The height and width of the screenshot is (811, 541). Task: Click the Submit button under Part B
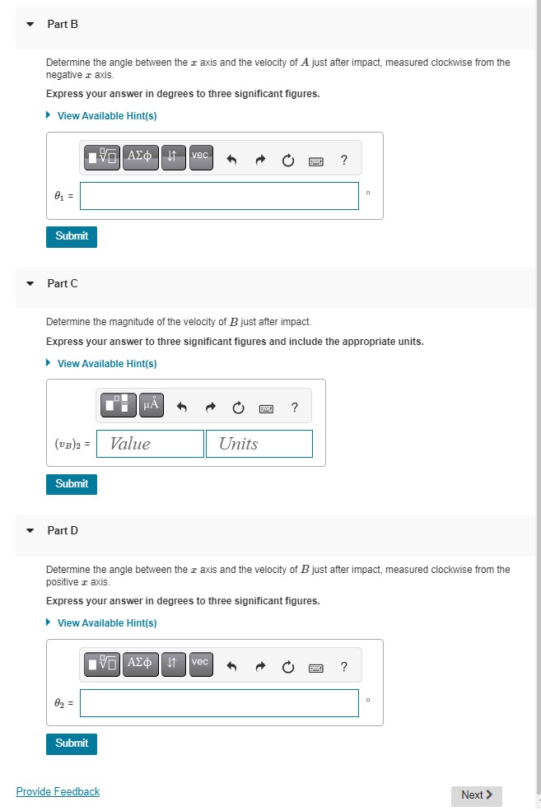72,236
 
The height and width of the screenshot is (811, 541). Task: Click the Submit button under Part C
72,484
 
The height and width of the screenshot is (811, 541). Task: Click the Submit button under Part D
72,743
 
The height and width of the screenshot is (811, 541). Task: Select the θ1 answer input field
219,196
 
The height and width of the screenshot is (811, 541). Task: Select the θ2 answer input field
219,703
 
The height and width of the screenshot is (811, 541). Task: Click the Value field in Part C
151,444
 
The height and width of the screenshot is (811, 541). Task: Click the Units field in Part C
259,444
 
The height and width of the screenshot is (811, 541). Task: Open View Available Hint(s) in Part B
106,116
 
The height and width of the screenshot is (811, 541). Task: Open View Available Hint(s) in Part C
106,364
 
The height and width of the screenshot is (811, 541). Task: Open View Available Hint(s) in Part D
106,623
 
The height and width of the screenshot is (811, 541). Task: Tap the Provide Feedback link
58,792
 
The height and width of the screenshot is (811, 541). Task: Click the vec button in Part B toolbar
201,157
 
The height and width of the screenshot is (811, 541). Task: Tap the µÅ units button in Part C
152,405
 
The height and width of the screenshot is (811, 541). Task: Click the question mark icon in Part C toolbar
294,407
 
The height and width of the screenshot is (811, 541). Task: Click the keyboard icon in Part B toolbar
315,161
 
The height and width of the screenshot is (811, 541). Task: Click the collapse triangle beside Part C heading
30,284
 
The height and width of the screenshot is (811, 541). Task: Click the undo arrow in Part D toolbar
232,667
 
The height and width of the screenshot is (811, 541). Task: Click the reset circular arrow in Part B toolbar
287,161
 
